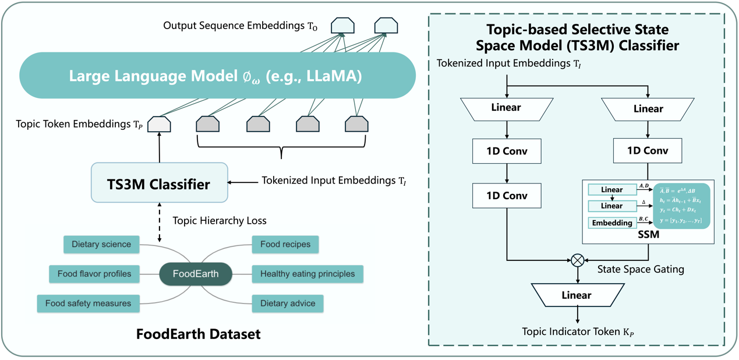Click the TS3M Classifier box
click(x=159, y=184)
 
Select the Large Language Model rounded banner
click(x=217, y=76)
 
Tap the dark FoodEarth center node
click(x=196, y=274)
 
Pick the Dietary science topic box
click(x=101, y=244)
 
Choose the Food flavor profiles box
click(x=94, y=274)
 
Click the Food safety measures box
click(x=89, y=303)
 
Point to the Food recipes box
click(x=285, y=244)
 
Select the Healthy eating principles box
click(x=307, y=274)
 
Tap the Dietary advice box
click(x=288, y=303)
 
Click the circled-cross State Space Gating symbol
click(x=577, y=260)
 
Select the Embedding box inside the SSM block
click(x=612, y=223)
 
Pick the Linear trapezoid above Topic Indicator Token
click(x=577, y=295)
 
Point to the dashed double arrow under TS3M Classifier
click(x=159, y=222)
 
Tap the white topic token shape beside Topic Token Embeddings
click(x=159, y=124)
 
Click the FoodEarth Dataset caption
click(x=198, y=334)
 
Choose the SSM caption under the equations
click(x=647, y=235)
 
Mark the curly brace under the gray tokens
click(x=282, y=146)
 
